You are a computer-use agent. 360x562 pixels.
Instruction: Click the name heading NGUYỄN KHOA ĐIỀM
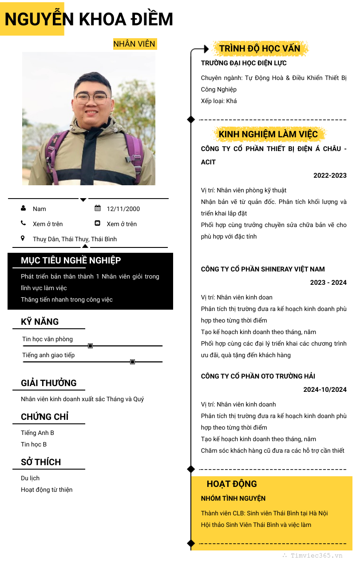point(89,20)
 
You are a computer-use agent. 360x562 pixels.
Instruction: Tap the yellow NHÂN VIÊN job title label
point(135,44)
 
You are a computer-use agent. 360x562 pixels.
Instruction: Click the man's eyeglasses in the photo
point(92,98)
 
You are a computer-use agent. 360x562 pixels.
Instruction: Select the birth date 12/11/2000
point(123,209)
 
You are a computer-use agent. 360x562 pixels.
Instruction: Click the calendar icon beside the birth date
point(98,208)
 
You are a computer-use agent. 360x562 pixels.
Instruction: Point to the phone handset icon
point(23,223)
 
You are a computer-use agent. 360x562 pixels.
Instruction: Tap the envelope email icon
point(98,223)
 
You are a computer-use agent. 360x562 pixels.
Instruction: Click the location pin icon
point(23,239)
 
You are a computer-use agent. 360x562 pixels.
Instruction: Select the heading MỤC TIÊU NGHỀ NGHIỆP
point(71,261)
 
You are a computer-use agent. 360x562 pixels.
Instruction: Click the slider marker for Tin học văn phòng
point(90,346)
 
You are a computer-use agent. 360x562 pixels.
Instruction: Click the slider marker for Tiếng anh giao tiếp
point(132,362)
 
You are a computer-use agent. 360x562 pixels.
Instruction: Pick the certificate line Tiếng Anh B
point(37,433)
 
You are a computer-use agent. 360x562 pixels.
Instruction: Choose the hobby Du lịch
point(30,478)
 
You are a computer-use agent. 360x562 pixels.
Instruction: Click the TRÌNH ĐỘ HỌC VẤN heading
point(260,48)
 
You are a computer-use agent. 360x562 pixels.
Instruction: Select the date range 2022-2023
point(330,175)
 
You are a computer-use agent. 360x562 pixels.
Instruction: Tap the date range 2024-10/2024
point(325,390)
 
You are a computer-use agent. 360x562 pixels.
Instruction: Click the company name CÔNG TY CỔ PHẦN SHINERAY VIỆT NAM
point(263,269)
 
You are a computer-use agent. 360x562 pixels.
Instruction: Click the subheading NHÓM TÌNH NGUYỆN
point(233,498)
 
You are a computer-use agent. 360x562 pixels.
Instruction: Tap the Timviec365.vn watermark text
point(316,555)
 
